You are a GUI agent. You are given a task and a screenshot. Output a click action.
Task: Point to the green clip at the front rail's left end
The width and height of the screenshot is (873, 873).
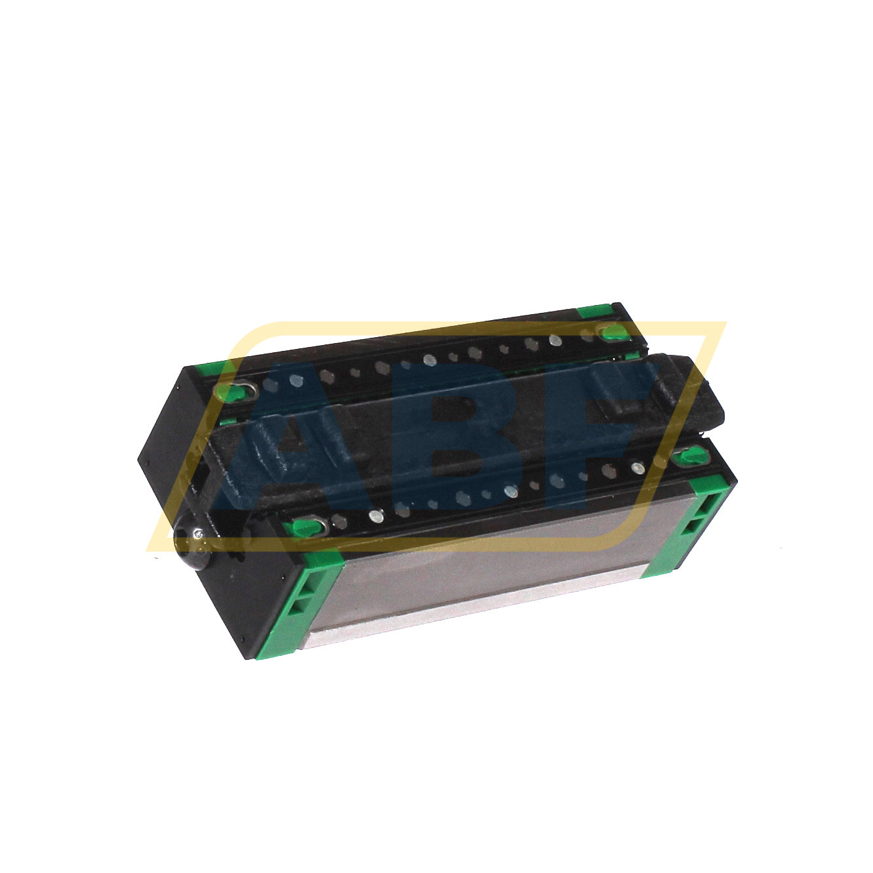click(x=306, y=526)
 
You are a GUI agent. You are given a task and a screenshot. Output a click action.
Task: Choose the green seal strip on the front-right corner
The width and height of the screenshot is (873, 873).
click(x=692, y=525)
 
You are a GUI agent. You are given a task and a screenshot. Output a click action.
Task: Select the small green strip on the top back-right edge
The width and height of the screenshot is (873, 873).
click(x=594, y=312)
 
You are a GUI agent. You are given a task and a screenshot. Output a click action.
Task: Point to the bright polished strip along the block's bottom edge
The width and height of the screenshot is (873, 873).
click(x=472, y=610)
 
